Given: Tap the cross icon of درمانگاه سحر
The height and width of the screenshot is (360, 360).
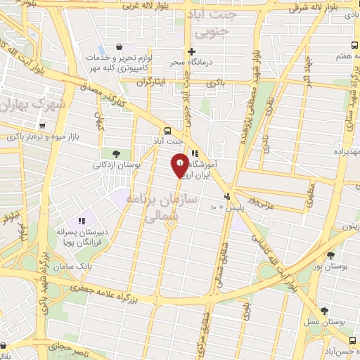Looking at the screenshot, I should tap(191, 51).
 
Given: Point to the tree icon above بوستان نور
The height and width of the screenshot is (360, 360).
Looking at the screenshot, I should tap(331, 255).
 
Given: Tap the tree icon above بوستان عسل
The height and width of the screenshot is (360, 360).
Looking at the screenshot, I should tap(323, 310).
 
